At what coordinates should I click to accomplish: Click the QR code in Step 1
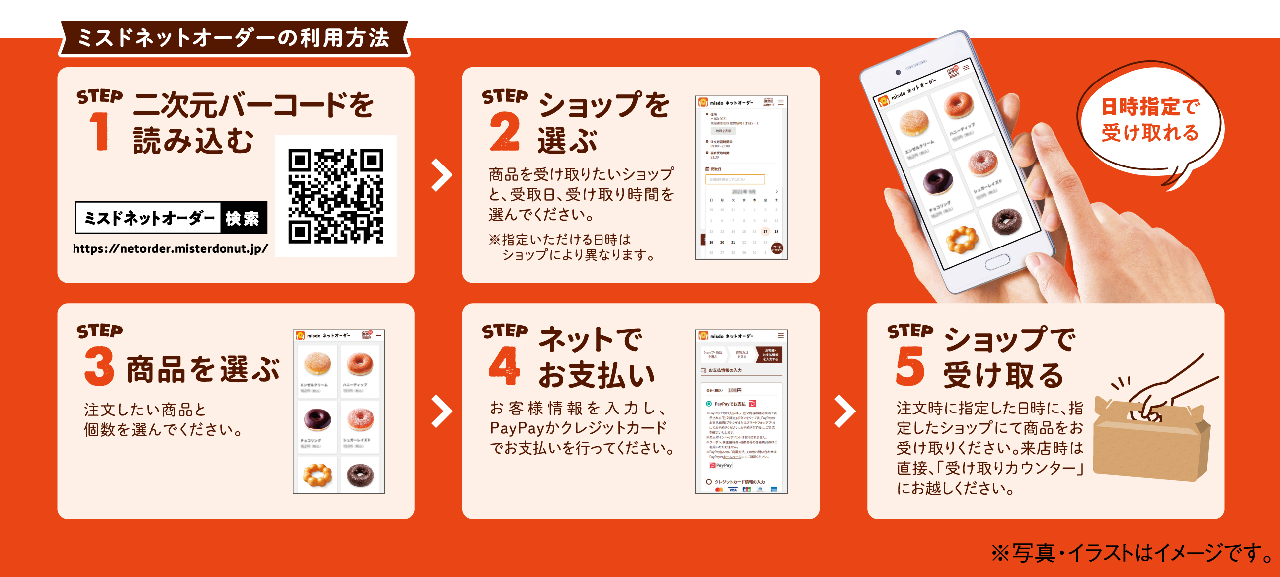click(x=336, y=196)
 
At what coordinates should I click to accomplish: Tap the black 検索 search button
click(x=243, y=218)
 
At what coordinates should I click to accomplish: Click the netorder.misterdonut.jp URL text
click(x=170, y=248)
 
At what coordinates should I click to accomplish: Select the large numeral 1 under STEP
click(x=100, y=131)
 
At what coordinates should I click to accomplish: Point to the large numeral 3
click(x=99, y=366)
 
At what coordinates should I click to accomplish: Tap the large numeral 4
click(x=504, y=366)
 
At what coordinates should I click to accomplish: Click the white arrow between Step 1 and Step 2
click(x=441, y=175)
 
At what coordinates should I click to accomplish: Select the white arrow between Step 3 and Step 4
click(x=441, y=411)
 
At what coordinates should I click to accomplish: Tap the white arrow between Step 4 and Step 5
click(x=844, y=411)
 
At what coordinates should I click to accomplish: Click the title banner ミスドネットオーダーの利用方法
click(x=233, y=38)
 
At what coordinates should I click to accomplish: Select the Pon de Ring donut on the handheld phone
click(x=962, y=240)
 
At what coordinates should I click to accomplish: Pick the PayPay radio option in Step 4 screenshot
click(x=709, y=404)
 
